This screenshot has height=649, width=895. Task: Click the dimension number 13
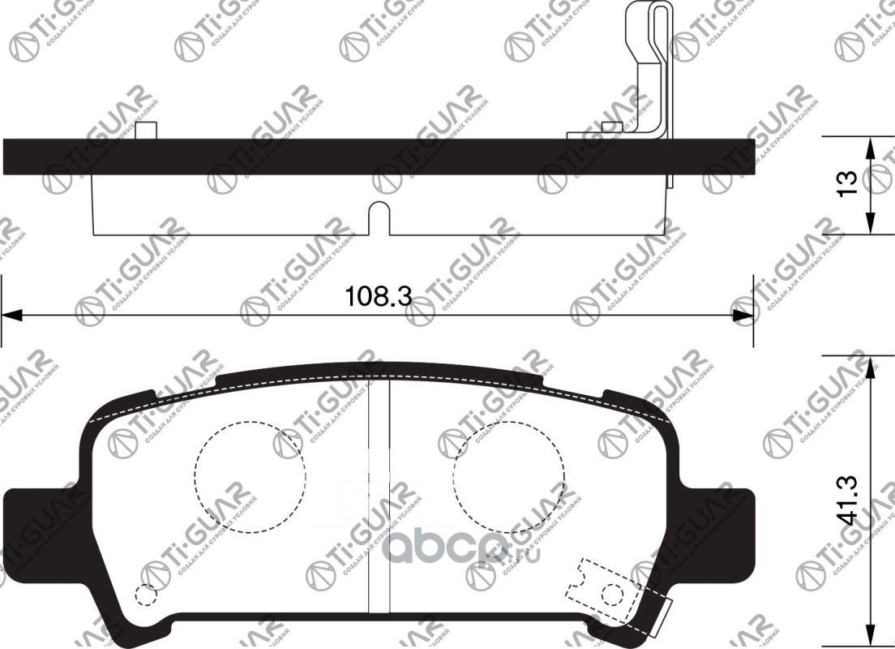(847, 183)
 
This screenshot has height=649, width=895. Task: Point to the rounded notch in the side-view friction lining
(379, 217)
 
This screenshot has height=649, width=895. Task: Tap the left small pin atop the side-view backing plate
(145, 130)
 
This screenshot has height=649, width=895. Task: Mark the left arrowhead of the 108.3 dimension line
(10, 314)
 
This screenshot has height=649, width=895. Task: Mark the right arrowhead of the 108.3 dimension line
(744, 314)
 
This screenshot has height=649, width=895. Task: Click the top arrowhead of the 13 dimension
(870, 146)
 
